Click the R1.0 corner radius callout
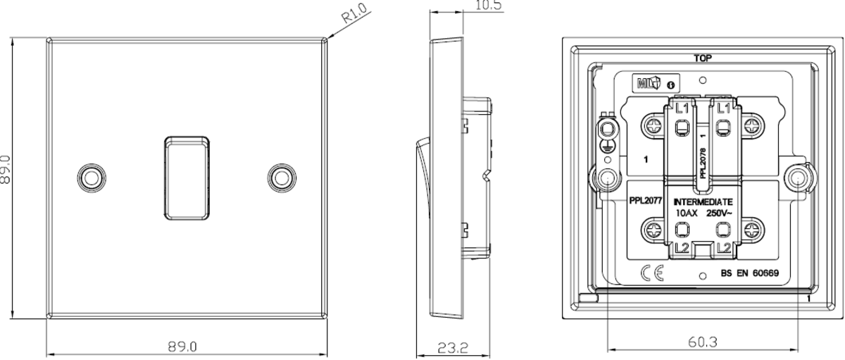[x=356, y=14]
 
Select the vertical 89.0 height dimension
[x=5, y=170]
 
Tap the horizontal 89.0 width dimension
[x=182, y=347]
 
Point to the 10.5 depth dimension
[x=488, y=5]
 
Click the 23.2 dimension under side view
[x=453, y=348]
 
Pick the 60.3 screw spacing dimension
[x=703, y=342]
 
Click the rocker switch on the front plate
[x=187, y=178]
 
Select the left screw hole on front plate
[x=92, y=178]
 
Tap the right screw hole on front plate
[x=282, y=178]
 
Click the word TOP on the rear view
[x=703, y=58]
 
